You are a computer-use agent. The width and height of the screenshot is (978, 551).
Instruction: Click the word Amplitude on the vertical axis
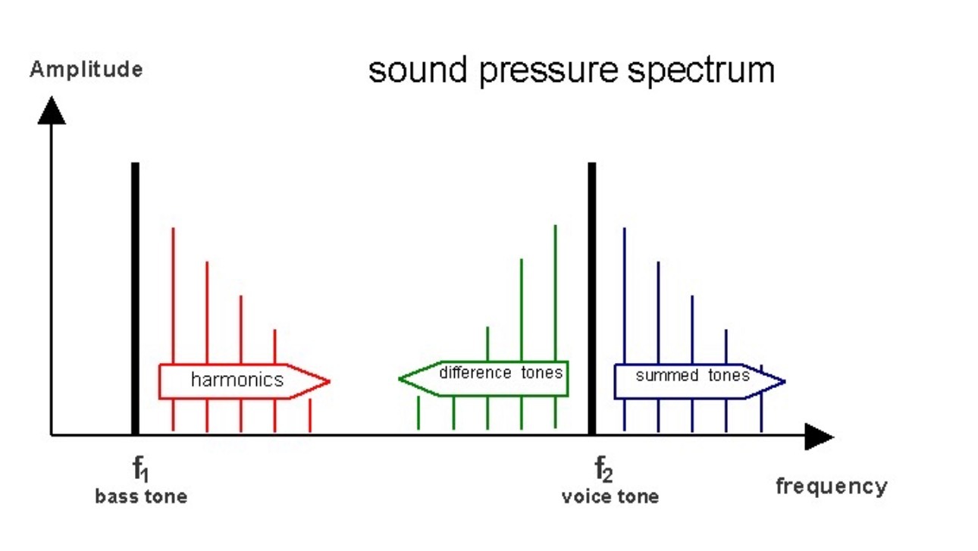[x=86, y=70]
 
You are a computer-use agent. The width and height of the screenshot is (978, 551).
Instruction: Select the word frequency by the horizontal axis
[x=831, y=487]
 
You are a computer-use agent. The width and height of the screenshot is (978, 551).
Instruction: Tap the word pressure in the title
[x=548, y=71]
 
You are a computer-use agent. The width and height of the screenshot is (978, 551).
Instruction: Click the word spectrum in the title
[x=701, y=71]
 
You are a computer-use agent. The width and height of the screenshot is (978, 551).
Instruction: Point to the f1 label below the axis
[x=140, y=469]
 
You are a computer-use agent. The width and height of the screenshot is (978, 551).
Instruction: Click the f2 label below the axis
[x=603, y=469]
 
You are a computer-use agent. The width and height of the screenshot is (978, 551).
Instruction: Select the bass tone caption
[x=141, y=497]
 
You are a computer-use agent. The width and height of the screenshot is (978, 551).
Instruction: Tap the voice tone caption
[x=610, y=497]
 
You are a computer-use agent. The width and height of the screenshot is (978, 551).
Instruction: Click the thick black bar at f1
[x=136, y=299]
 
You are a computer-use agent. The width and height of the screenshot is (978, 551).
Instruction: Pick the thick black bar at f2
[x=592, y=299]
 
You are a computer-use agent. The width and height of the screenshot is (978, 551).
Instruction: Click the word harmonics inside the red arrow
[x=237, y=380]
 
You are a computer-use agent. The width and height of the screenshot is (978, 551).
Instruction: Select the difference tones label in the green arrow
[x=501, y=373]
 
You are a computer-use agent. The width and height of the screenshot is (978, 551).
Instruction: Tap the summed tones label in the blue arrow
[x=692, y=375]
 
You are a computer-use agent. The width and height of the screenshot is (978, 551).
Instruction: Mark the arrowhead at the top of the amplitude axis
[x=52, y=111]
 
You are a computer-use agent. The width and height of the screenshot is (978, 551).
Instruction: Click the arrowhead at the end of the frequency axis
[x=819, y=436]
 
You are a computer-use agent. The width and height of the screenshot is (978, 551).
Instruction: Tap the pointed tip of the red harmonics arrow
[x=330, y=381]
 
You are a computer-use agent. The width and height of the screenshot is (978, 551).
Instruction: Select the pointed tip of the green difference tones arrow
[x=399, y=379]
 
